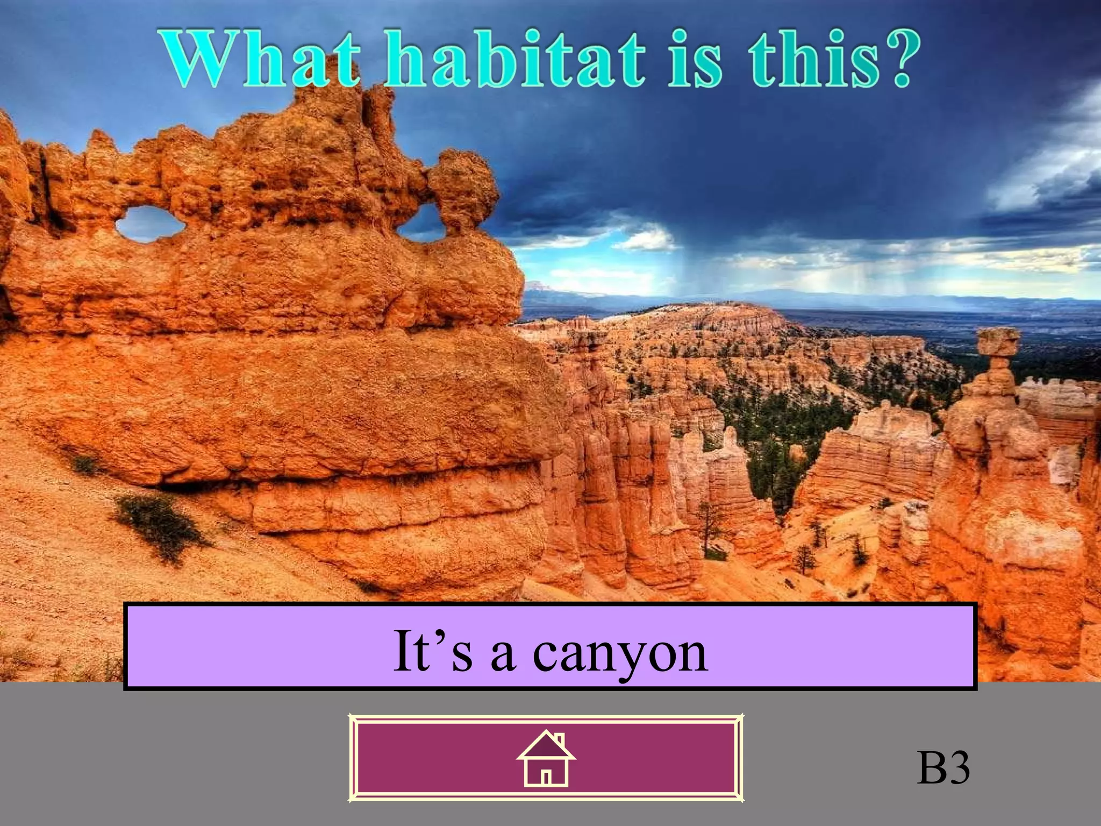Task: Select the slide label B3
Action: click(x=943, y=768)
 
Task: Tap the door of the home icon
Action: click(x=546, y=778)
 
